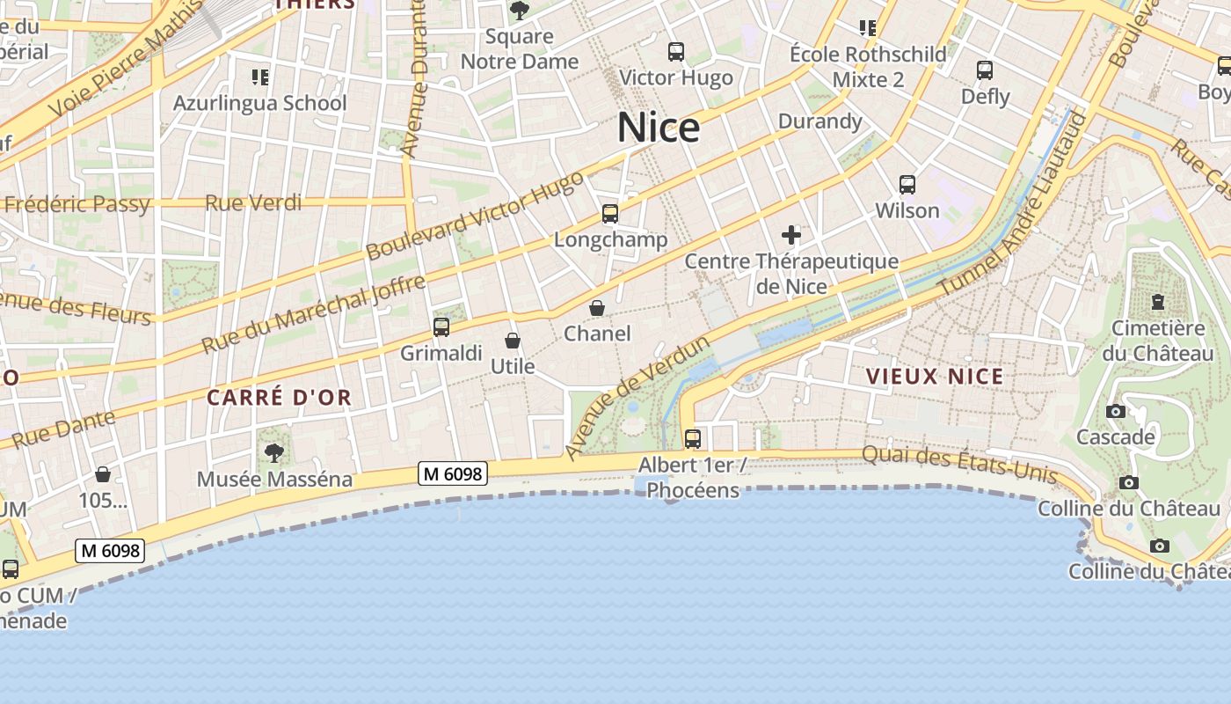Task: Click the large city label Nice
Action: pyautogui.click(x=659, y=128)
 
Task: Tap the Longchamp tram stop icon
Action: pyautogui.click(x=609, y=213)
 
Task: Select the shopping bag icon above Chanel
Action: pyautogui.click(x=597, y=308)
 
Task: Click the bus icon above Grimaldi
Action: pyautogui.click(x=441, y=327)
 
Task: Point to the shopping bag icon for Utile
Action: pyautogui.click(x=513, y=341)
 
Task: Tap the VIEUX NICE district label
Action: pyautogui.click(x=935, y=377)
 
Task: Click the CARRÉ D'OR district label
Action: pyautogui.click(x=279, y=397)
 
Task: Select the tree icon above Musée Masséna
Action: pyautogui.click(x=274, y=453)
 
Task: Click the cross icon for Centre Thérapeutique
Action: pyautogui.click(x=791, y=235)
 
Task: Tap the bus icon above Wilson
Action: pyautogui.click(x=907, y=185)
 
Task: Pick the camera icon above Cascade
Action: pyautogui.click(x=1116, y=411)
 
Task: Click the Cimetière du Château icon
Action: pyautogui.click(x=1158, y=302)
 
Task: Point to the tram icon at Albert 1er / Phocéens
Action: pyautogui.click(x=693, y=438)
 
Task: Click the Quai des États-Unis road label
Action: pyautogui.click(x=959, y=465)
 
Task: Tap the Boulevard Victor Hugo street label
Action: pyautogui.click(x=475, y=216)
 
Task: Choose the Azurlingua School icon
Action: pyautogui.click(x=259, y=77)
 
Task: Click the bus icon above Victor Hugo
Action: pyautogui.click(x=675, y=52)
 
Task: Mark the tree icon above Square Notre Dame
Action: pyautogui.click(x=520, y=11)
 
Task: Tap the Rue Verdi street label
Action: pyautogui.click(x=253, y=203)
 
